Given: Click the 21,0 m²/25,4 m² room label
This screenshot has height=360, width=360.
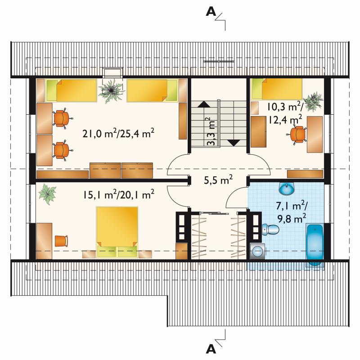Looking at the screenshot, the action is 118,134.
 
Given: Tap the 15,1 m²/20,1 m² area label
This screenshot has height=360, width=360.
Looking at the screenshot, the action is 118,195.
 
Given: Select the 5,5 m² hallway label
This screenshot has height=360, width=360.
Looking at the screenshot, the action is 218,180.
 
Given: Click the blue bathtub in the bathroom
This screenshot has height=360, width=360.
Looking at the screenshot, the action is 315,245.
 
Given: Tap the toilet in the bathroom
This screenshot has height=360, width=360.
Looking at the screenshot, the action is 270,229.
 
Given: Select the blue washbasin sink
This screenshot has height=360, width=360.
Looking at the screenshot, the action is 287,188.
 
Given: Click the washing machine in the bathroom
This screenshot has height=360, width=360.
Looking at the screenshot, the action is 257,251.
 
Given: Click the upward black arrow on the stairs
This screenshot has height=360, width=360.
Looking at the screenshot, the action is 204,104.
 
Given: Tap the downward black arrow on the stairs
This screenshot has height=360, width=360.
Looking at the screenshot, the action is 234,143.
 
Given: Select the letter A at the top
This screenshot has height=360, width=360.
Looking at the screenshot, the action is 211,11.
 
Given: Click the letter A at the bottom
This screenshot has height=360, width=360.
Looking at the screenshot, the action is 211,349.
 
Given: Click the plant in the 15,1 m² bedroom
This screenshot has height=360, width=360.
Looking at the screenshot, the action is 47,194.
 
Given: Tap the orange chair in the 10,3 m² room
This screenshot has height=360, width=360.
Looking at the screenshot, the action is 297,134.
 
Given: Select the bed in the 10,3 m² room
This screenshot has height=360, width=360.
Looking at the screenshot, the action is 277,89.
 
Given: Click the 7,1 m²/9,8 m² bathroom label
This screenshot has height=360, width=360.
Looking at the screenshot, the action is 291,212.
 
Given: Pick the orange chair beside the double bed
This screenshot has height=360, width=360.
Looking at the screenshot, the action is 62,241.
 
